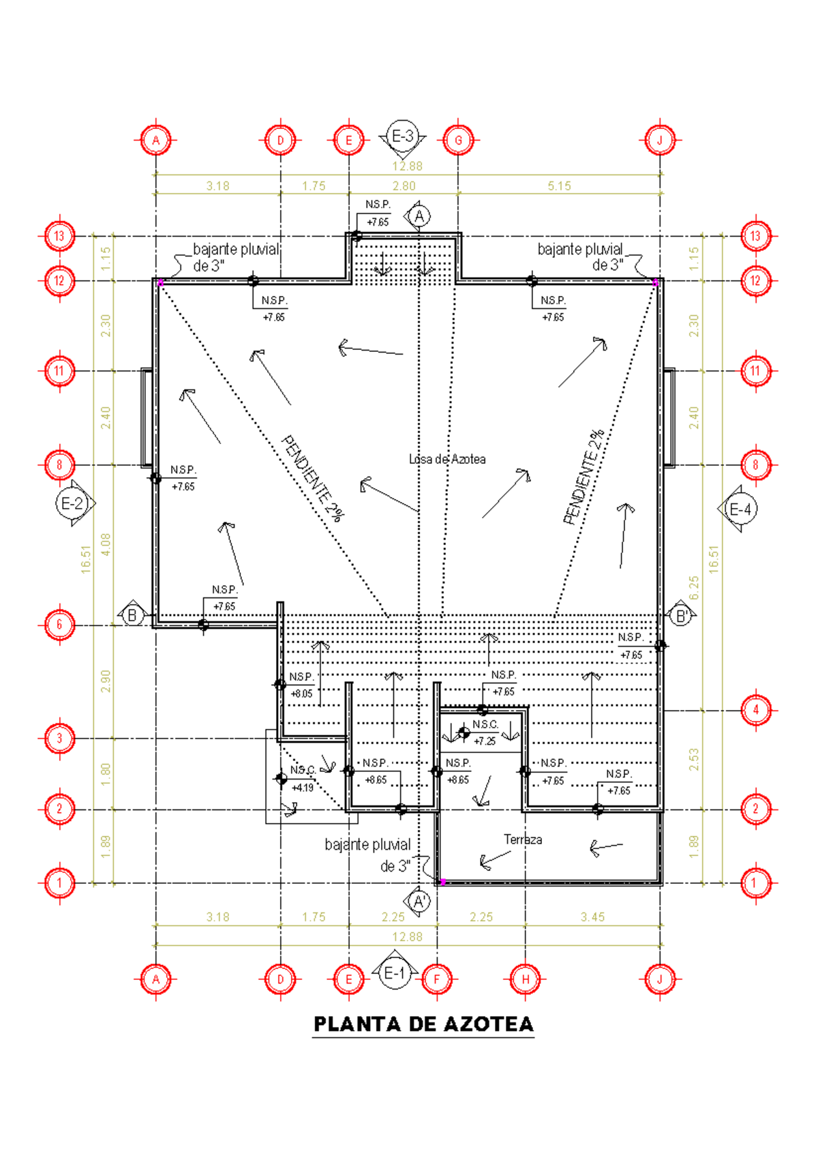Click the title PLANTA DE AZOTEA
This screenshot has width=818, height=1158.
[x=423, y=1024]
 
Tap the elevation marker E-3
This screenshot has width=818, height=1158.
[x=402, y=136]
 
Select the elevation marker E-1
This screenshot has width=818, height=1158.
[x=394, y=973]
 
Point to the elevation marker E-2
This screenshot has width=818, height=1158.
[x=72, y=504]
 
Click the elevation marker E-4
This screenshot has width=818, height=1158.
[x=740, y=509]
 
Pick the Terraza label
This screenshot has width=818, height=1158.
[x=523, y=840]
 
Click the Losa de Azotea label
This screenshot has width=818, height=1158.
[x=447, y=460]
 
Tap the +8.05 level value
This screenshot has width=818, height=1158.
[x=301, y=694]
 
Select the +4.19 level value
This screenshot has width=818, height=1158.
[x=302, y=788]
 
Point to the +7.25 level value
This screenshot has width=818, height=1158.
[x=485, y=741]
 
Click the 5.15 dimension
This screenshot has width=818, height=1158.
[x=559, y=186]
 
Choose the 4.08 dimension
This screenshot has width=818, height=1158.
[x=106, y=544]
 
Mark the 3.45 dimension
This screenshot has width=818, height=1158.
[x=592, y=917]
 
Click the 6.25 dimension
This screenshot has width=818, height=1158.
[x=694, y=588]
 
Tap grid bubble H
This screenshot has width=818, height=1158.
[x=526, y=979]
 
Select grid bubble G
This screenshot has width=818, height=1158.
[x=458, y=140]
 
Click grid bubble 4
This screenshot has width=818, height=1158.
[x=755, y=710]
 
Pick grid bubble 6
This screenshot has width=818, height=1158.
[x=59, y=625]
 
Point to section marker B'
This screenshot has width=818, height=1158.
[x=680, y=617]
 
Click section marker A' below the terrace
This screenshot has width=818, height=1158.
[x=419, y=901]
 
